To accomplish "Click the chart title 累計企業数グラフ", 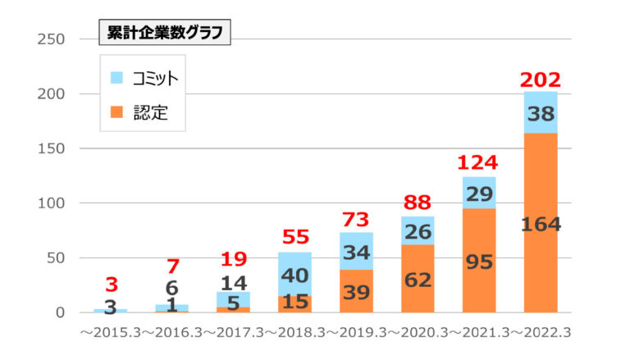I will pos(164,34).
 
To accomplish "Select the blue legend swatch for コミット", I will pos(116,78).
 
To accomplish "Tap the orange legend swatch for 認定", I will pos(116,112).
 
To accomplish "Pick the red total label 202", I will pos(541,80).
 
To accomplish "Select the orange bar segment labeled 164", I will pos(541,223).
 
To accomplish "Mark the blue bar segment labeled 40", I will pos(294,275).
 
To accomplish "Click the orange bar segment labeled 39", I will pos(356,291).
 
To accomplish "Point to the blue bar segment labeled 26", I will pos(418,231).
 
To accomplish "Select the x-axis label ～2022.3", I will pos(539,335).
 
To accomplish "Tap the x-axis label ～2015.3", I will pos(109,335).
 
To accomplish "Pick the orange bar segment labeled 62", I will pos(418,279).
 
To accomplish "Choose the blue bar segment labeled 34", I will pos(356,253).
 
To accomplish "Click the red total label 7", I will pos(171,267).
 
